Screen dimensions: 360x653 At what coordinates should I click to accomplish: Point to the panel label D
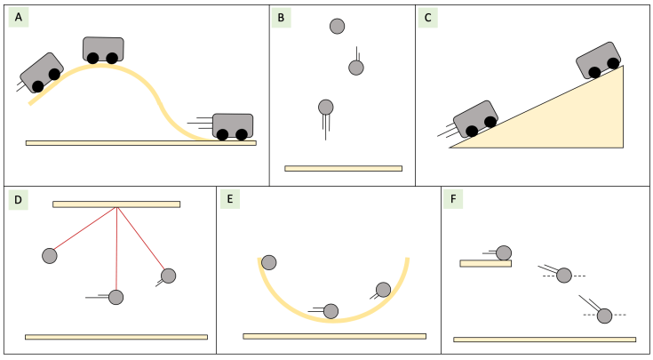pos(19,199)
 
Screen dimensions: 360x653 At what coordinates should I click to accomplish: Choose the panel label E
pos(230,199)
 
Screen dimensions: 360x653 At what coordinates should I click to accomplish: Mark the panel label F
pos(455,199)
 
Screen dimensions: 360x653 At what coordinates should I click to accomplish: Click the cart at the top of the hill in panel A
pos(103,49)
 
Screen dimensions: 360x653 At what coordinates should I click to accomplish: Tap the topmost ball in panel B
pos(337,27)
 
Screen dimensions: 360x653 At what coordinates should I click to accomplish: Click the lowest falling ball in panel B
pos(326,108)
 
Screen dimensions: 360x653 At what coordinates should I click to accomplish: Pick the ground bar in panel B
pos(343,168)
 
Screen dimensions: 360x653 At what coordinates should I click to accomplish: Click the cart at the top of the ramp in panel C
pos(598,60)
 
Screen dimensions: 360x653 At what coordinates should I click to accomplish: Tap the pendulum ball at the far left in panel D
pos(50,256)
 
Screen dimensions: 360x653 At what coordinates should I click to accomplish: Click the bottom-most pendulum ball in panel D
pos(115,297)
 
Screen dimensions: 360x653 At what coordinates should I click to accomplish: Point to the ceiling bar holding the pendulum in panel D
pos(116,204)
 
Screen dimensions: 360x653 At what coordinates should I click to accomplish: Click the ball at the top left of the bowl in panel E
pos(268,262)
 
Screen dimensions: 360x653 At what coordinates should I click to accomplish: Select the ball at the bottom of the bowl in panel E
pos(330,311)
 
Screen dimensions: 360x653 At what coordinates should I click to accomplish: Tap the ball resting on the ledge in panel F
pos(504,253)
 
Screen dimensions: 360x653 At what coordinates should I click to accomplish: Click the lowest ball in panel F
pos(604,316)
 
